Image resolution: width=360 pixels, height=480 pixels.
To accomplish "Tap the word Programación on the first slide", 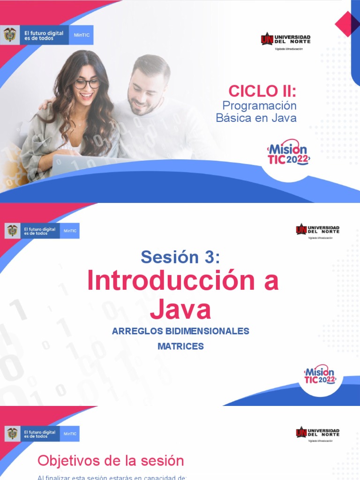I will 259,105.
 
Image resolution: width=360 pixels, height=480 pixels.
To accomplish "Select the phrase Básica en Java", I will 256,118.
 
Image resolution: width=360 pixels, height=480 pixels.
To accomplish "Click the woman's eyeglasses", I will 87,84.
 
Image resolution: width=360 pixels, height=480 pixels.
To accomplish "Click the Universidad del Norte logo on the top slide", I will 285,39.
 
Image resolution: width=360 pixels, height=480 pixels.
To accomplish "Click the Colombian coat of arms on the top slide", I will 10,35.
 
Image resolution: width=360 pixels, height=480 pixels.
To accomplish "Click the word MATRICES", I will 180,346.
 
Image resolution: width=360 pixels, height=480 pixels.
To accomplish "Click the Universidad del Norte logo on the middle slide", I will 317,230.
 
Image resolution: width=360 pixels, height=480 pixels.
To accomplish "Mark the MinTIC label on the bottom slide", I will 70,434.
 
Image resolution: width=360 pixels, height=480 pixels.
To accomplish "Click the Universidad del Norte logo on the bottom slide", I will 317,433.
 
